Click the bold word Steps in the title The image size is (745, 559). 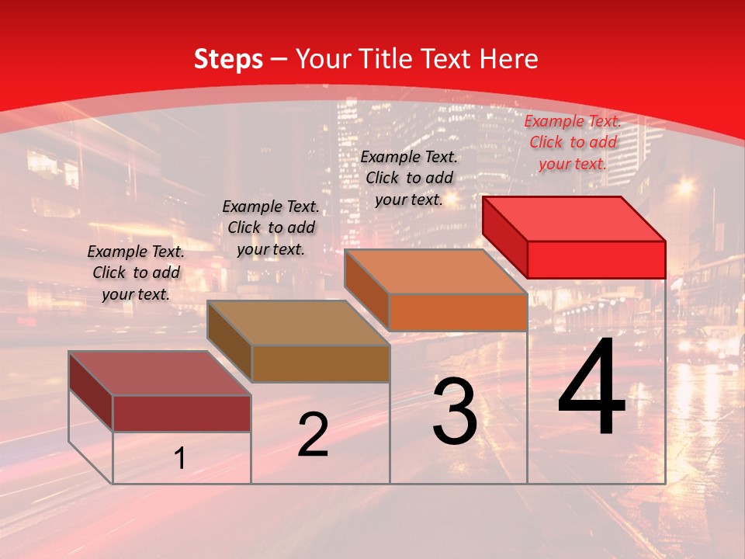[228, 59]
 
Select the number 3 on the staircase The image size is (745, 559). [455, 411]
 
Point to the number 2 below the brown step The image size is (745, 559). [313, 435]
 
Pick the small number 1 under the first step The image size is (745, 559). [180, 459]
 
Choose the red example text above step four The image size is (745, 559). [573, 142]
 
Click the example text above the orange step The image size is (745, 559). [409, 178]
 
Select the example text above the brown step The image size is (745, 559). [271, 227]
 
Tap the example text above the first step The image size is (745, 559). [136, 273]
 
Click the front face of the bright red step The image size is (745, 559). [596, 259]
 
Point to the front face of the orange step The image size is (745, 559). [458, 312]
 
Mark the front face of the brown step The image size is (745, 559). [320, 363]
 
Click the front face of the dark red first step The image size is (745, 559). [182, 413]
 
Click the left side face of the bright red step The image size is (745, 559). [504, 237]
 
